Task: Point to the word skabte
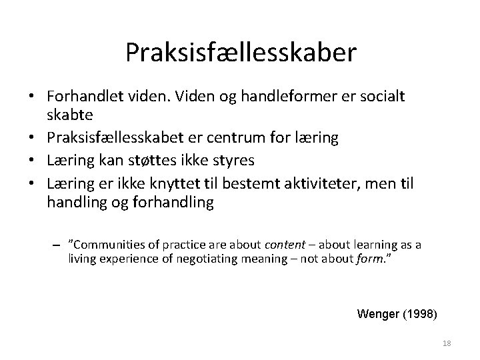(x=69, y=117)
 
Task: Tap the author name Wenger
(x=379, y=313)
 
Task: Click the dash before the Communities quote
(x=58, y=245)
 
